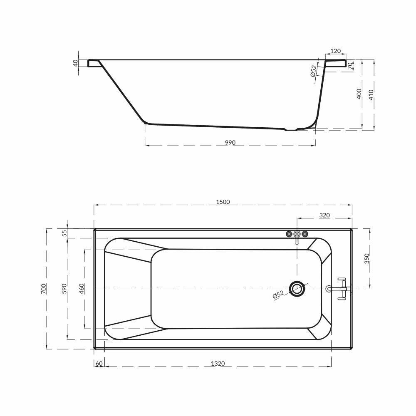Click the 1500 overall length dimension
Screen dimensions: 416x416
(x=223, y=202)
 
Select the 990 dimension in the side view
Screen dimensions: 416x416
(x=230, y=143)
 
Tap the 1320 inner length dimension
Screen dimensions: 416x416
(x=218, y=364)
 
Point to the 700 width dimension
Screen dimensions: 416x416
(x=44, y=289)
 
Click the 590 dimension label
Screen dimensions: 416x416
(x=64, y=289)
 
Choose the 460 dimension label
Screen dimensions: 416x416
(x=82, y=289)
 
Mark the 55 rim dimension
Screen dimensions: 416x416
(x=64, y=233)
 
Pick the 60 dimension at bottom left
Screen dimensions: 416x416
(x=99, y=364)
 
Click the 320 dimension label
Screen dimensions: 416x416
(x=324, y=215)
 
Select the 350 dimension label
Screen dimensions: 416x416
(x=367, y=259)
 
